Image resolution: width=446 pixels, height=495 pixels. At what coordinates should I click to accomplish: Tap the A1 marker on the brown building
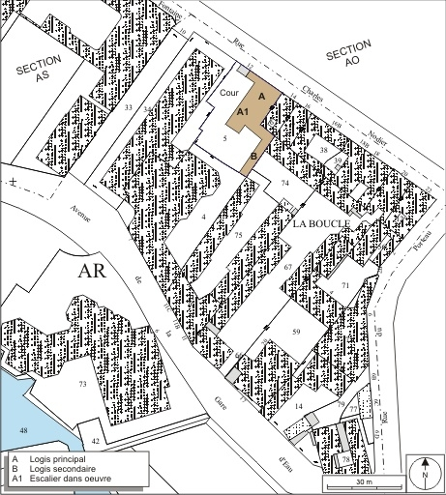244,113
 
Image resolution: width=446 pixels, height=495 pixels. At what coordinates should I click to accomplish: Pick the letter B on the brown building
253,156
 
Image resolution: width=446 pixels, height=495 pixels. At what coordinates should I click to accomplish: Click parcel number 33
129,107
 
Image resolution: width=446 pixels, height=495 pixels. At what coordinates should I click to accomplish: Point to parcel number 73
82,385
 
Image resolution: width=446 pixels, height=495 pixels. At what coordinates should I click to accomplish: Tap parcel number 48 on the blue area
23,428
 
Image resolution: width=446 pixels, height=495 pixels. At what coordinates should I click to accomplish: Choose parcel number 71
345,285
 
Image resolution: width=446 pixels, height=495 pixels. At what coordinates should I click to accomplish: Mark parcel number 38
324,152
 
